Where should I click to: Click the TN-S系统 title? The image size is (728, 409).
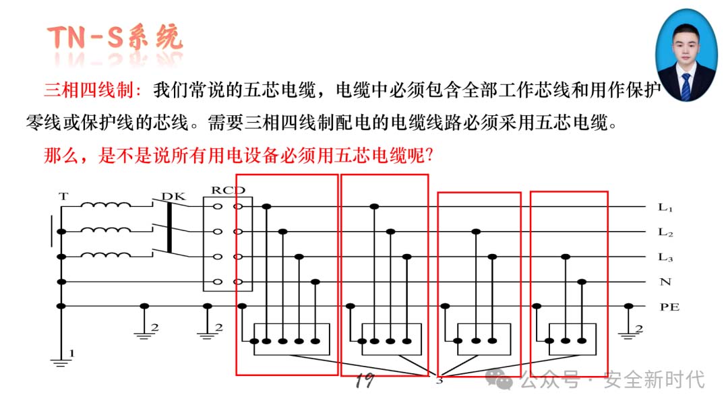115,38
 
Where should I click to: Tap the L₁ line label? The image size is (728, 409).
665,208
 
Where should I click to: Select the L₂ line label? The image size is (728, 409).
665,232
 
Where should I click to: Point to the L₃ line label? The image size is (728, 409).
665,257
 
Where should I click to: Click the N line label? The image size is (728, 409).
665,282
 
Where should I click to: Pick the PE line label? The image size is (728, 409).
669,307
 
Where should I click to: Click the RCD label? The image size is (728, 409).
228,190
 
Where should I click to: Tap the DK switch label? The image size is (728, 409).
173,196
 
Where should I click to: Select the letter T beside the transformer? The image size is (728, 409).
63,196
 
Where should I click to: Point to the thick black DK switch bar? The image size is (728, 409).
169,228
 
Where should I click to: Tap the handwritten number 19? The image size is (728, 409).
365,380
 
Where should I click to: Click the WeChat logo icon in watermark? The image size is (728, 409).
499,379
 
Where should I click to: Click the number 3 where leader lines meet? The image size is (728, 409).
439,381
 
